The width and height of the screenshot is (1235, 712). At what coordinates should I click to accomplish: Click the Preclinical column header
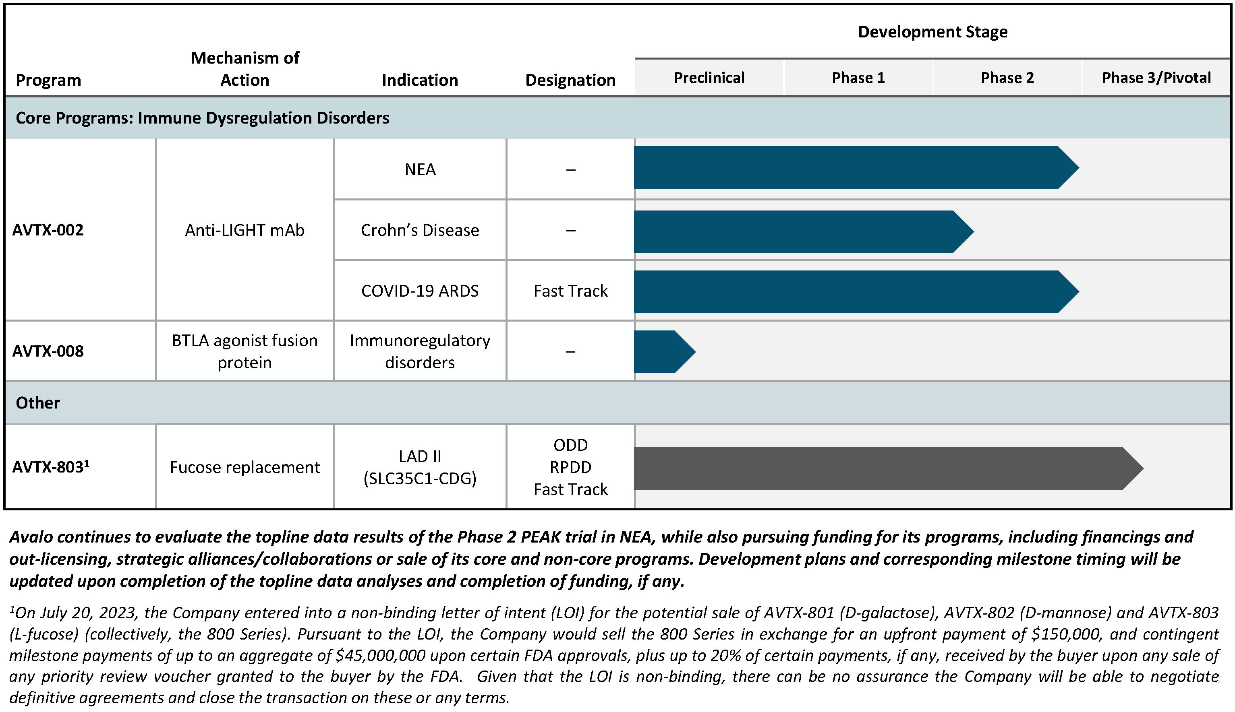coord(709,78)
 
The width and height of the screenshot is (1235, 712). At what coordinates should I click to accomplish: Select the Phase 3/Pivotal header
coord(1156,78)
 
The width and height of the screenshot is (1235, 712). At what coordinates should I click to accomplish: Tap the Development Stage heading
coord(932,32)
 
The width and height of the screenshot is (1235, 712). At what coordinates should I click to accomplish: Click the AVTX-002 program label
coord(48,230)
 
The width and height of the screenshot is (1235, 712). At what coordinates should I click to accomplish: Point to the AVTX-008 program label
coord(48,351)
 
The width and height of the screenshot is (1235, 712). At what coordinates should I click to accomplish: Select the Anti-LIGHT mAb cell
coord(245,230)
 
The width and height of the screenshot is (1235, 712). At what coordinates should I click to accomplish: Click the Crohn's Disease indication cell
coord(420,230)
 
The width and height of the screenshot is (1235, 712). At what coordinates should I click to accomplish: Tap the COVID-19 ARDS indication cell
coord(420,291)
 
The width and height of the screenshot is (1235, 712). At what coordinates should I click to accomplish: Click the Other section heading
coord(38,402)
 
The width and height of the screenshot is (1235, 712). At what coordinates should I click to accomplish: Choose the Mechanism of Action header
coord(245,68)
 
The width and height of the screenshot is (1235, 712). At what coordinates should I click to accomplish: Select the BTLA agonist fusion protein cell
coord(245,351)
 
